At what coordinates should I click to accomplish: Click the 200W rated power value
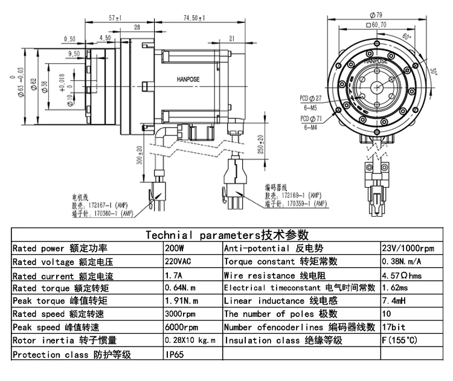coord(173,248)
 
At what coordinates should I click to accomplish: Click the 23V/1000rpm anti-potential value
coord(408,248)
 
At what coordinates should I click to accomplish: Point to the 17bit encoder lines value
coord(394,327)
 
